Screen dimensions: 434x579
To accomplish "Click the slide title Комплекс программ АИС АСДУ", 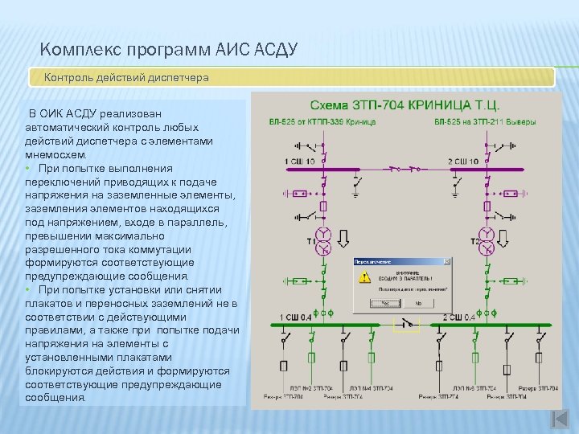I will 168,51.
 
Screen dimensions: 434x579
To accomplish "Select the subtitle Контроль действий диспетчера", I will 126,78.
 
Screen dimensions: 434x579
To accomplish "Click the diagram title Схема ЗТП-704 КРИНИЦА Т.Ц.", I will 405,105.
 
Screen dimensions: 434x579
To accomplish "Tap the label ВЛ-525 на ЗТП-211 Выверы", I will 485,122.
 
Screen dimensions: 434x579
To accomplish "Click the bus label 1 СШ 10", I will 298,162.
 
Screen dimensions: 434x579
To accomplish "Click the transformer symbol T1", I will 322,240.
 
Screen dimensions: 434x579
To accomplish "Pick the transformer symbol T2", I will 487,240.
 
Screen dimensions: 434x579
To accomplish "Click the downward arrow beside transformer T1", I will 343,239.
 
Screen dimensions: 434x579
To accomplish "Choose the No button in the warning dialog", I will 417,304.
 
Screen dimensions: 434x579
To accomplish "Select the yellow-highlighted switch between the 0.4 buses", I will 406,324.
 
